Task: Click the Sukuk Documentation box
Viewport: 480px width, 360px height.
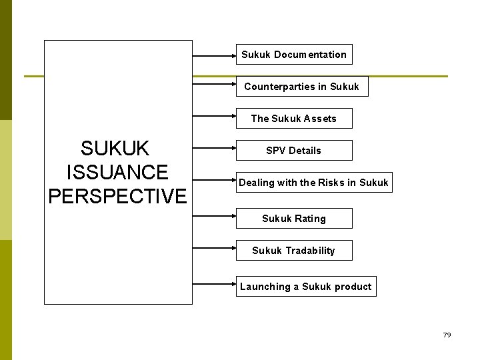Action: [x=294, y=55]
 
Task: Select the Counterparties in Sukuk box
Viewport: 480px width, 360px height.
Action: [x=301, y=87]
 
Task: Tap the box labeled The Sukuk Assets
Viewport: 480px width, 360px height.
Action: [x=294, y=119]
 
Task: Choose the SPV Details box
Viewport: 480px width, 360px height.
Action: [x=293, y=151]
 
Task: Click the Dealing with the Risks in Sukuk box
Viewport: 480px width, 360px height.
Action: [x=313, y=183]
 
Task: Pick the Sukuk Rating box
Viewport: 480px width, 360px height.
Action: [x=294, y=219]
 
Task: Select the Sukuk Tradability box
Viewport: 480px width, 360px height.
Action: [x=294, y=251]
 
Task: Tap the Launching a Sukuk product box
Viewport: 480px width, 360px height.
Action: [x=306, y=287]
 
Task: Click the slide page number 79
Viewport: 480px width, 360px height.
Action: [x=447, y=335]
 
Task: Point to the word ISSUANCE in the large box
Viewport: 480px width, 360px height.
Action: [x=117, y=172]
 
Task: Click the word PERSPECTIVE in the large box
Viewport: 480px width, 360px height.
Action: [x=117, y=196]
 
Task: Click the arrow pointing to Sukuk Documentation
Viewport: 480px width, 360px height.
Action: [x=214, y=55]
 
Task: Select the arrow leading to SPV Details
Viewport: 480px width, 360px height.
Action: [x=214, y=151]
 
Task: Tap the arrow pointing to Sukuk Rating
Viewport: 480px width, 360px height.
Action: [x=214, y=215]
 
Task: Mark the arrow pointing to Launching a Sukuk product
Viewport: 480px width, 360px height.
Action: [x=214, y=279]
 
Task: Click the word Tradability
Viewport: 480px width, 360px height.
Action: [x=310, y=251]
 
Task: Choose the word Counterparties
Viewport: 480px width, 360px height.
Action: [x=275, y=87]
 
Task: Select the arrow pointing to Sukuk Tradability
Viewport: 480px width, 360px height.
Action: [x=214, y=247]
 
